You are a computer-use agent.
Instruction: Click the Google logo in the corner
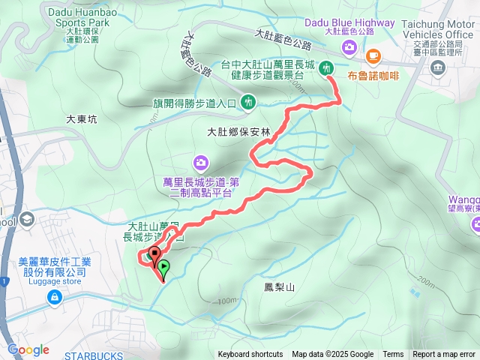click(x=28, y=349)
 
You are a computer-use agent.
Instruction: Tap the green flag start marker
click(x=163, y=267)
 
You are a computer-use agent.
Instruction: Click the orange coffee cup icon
click(x=373, y=55)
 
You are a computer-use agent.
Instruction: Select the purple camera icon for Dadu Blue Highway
click(x=349, y=48)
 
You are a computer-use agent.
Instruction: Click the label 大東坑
click(x=82, y=118)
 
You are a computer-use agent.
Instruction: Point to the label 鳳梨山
click(x=280, y=287)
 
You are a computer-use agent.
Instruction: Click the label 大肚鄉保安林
click(x=238, y=131)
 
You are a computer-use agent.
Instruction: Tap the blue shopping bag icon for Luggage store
click(x=54, y=298)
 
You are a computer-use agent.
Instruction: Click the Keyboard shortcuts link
click(x=250, y=355)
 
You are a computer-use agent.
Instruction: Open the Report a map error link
click(x=444, y=355)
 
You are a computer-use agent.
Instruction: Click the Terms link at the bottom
click(x=393, y=355)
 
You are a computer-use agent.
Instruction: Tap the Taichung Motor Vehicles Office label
click(x=437, y=29)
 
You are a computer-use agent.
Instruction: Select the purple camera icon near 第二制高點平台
click(x=200, y=161)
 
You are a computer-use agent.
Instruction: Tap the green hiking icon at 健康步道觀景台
click(x=326, y=67)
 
